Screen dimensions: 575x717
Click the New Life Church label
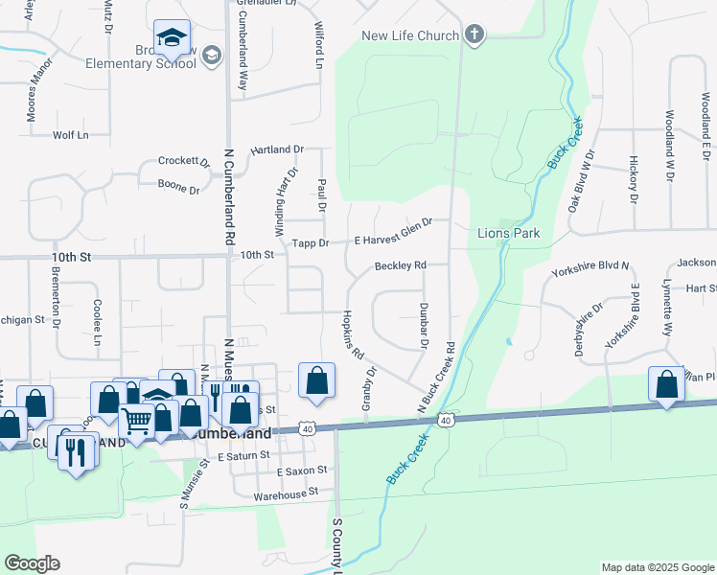(x=410, y=36)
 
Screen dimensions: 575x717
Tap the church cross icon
(x=473, y=35)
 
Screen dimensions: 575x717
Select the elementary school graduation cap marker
(x=173, y=38)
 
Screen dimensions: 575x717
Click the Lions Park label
(x=509, y=233)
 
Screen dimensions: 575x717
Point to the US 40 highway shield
(x=446, y=420)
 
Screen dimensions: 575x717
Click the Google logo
(x=32, y=563)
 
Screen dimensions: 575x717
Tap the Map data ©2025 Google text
(x=657, y=567)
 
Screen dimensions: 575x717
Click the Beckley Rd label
(x=400, y=265)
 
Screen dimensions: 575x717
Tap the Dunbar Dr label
(x=423, y=325)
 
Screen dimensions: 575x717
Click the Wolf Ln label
(x=70, y=135)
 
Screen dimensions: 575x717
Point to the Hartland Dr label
(x=277, y=150)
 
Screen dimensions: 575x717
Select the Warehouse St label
(x=286, y=494)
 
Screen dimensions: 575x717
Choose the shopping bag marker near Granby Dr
(x=316, y=379)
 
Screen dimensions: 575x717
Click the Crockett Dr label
(x=184, y=162)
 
